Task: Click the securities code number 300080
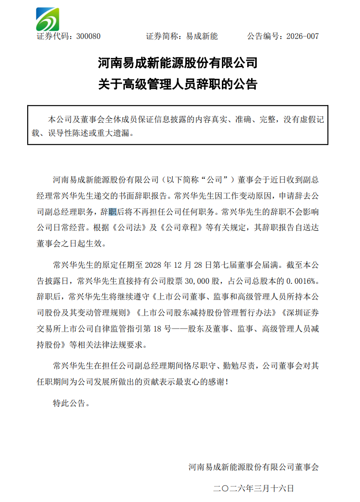tap(89, 37)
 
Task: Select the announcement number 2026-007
tap(303, 37)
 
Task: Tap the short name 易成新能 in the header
tap(202, 37)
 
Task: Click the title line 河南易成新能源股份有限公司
tap(178, 63)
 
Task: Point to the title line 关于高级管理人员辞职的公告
tap(178, 84)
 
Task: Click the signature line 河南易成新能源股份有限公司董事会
tap(253, 467)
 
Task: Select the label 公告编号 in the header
tap(263, 37)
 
